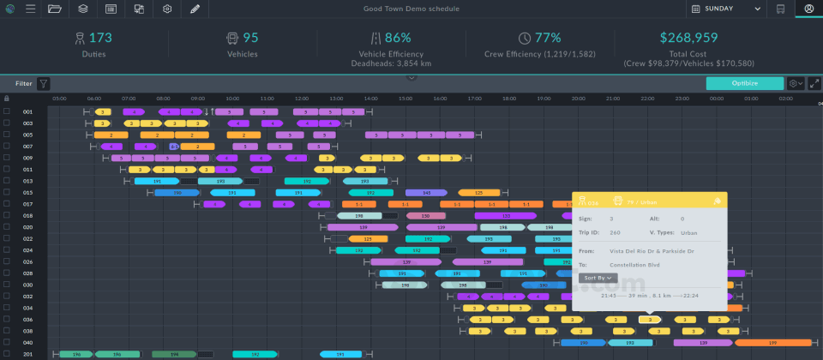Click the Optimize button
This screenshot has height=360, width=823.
[744, 84]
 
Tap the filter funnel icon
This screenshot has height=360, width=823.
[43, 84]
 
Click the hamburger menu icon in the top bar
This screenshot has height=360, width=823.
[30, 9]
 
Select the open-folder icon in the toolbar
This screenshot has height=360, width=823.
[55, 9]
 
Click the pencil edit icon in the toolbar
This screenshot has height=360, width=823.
[195, 9]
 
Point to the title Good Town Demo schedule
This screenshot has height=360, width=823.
[411, 9]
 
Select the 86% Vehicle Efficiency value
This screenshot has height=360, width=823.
[397, 38]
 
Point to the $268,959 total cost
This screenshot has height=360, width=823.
[688, 38]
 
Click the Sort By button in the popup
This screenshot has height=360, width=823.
[598, 278]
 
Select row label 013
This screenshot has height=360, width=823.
[28, 181]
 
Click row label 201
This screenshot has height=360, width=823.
[28, 354]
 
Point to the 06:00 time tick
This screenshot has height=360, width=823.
[94, 99]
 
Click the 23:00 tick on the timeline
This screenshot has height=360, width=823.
[682, 99]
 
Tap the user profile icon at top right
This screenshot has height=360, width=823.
[808, 9]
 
